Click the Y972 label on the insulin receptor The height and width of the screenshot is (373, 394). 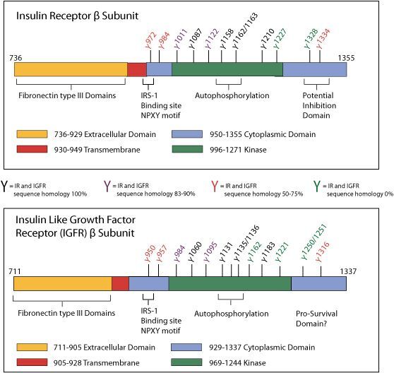[151, 40]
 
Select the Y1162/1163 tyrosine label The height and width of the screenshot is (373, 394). [245, 30]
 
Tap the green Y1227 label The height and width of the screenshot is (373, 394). [280, 38]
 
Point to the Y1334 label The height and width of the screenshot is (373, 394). [323, 39]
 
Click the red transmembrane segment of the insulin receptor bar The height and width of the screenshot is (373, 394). [137, 69]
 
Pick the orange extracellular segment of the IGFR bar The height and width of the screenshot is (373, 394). [63, 283]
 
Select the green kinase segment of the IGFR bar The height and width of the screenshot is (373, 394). [230, 283]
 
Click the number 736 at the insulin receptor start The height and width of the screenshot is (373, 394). [16, 58]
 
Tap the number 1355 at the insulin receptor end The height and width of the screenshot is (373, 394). [346, 58]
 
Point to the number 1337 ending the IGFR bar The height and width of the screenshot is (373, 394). [348, 271]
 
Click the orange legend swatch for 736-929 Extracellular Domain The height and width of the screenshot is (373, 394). [32, 134]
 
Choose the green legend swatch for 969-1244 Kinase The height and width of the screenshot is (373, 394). [186, 362]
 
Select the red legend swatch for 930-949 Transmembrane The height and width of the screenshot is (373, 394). [32, 149]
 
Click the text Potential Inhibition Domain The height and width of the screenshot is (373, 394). [319, 105]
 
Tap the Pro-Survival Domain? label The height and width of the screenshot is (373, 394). [316, 319]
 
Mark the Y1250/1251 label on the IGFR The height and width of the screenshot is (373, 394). [314, 242]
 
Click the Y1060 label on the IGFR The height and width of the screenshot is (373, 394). [195, 251]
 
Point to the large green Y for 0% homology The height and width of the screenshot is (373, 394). [317, 186]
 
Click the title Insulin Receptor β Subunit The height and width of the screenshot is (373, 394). [77, 16]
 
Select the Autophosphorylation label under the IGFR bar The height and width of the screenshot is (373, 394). [231, 314]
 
